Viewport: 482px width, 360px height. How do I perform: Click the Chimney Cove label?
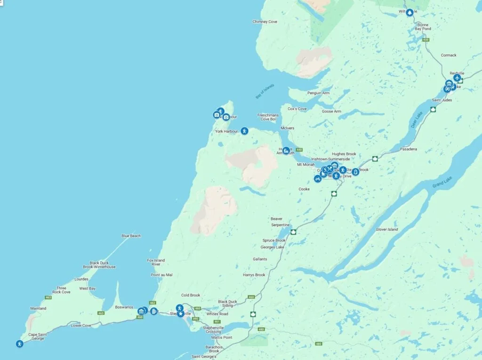click(265, 22)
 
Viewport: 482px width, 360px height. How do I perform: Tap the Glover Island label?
click(386, 229)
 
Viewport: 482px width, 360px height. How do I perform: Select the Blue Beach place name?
click(131, 236)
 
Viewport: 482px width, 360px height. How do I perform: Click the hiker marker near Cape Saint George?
click(19, 344)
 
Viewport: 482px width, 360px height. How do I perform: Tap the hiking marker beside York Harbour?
click(244, 131)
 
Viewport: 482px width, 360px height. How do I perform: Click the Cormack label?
click(449, 55)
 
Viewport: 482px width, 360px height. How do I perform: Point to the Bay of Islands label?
click(265, 91)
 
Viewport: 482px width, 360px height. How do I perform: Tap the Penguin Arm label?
click(318, 93)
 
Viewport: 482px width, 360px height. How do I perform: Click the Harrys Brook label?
click(254, 275)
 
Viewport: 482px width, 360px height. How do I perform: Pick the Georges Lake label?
click(273, 247)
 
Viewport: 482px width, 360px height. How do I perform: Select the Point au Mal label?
click(161, 275)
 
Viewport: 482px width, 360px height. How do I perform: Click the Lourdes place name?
click(81, 279)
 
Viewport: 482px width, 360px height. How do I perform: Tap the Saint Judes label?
click(442, 100)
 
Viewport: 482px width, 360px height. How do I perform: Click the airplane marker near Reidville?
click(457, 78)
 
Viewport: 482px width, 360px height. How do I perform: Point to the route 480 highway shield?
click(318, 344)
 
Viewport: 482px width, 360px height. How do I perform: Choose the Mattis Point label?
click(222, 337)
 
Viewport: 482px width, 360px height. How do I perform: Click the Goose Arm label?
click(331, 112)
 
